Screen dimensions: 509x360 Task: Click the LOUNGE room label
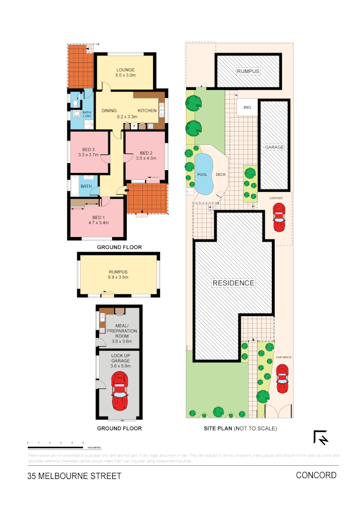point(125,70)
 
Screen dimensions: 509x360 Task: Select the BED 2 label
point(146,153)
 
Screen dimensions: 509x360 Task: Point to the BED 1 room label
point(98,218)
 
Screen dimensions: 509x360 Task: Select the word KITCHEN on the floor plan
point(147,111)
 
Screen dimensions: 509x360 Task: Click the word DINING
point(109,111)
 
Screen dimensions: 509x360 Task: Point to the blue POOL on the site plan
point(203,174)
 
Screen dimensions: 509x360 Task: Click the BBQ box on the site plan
point(247,107)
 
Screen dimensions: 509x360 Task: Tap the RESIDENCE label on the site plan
point(233,283)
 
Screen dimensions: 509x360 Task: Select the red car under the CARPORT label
point(279,218)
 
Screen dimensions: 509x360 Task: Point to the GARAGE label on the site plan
point(274,147)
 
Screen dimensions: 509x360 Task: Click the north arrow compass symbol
point(321,438)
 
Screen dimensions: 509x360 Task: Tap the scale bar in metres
point(56,446)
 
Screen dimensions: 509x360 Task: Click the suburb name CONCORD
point(316,475)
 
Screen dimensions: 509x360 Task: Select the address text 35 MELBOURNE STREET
point(74,476)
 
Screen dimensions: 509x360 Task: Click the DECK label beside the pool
point(221,174)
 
